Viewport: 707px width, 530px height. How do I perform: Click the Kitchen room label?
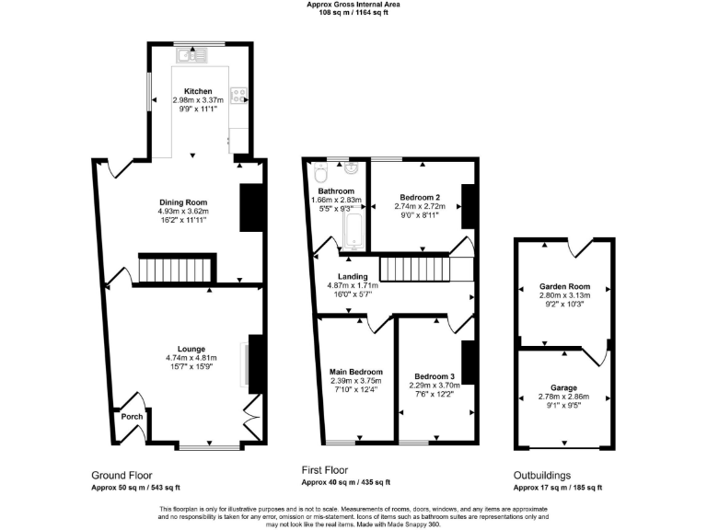coord(198,91)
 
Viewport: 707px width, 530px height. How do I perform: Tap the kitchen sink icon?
coord(195,56)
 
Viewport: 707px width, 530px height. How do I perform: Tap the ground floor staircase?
coord(175,270)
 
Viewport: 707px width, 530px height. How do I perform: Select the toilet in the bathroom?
coord(320,171)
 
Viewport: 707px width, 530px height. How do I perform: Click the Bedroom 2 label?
coord(419,197)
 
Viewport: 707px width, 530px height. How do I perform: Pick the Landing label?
coord(353,276)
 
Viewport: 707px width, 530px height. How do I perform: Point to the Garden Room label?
coord(564,286)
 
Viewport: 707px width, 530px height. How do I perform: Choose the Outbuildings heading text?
coord(541,476)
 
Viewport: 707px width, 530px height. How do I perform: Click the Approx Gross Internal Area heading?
coord(353,5)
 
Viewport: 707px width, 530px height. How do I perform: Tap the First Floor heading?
coord(328,469)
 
